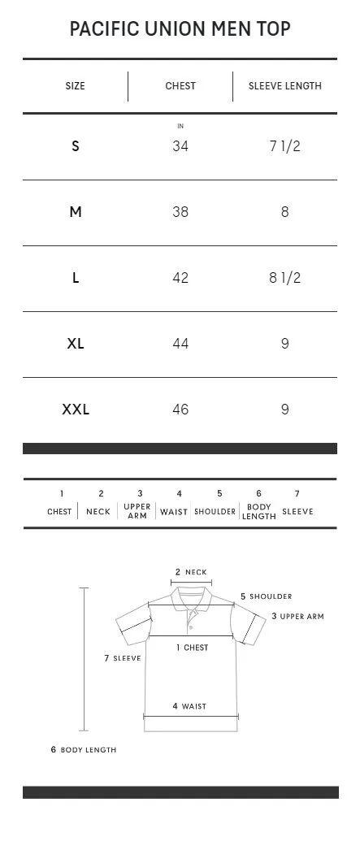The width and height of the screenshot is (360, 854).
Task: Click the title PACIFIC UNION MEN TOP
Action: pos(180,29)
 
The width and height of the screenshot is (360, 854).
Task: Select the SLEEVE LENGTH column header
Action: pos(285,86)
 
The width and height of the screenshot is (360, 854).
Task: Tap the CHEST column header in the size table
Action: pos(180,86)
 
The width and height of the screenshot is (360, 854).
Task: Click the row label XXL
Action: pos(75,410)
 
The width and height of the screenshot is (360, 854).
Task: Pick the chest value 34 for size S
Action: pos(180,146)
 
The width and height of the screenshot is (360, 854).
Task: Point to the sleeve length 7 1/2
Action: pos(285,146)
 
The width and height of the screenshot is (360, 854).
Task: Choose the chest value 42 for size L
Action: pos(180,278)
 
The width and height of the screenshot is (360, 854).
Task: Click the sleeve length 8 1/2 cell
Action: pos(285,278)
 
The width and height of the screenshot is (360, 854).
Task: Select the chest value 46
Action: pos(180,410)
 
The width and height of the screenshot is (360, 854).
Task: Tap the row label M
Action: pos(75,212)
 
